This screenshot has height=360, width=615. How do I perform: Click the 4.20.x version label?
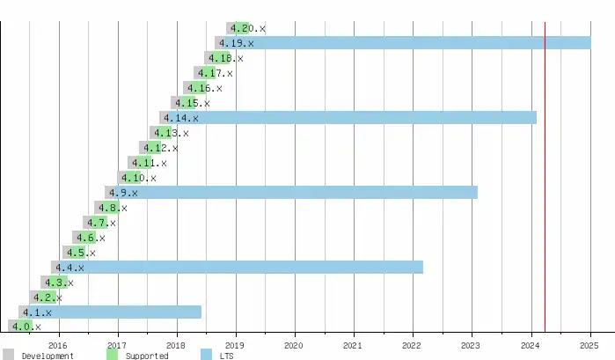pyautogui.click(x=248, y=28)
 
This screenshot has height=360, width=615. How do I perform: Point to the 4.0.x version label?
pyautogui.click(x=26, y=327)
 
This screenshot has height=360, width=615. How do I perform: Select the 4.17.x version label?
pyautogui.click(x=216, y=73)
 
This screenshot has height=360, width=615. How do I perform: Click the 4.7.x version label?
pyautogui.click(x=101, y=223)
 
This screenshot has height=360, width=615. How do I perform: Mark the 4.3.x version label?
pyautogui.click(x=58, y=283)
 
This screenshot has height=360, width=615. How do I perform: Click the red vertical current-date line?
pyautogui.click(x=545, y=176)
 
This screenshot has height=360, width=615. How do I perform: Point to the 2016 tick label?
pyautogui.click(x=58, y=345)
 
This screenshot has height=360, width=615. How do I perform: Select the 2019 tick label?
pyautogui.click(x=235, y=345)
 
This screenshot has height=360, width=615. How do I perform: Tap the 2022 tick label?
pyautogui.click(x=413, y=345)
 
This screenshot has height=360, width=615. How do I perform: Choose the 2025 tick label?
pyautogui.click(x=589, y=345)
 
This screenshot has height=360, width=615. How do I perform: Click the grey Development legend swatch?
pyautogui.click(x=8, y=355)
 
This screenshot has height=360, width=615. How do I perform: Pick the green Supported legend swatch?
pyautogui.click(x=112, y=355)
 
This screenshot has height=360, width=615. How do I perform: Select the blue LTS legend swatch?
pyautogui.click(x=206, y=355)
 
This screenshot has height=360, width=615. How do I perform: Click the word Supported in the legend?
pyautogui.click(x=147, y=356)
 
